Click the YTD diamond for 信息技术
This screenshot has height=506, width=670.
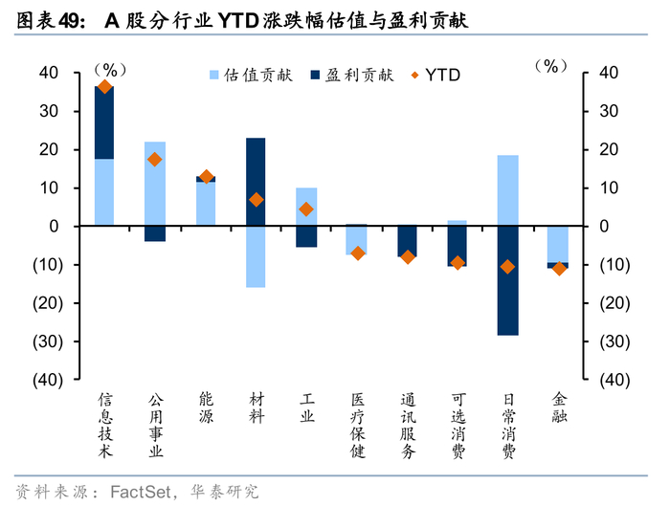point(104,88)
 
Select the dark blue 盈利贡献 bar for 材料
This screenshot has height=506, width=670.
point(256,182)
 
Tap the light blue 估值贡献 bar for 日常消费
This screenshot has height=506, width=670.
point(507,190)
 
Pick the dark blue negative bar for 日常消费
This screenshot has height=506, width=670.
point(507,280)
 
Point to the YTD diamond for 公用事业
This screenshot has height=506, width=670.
point(155,160)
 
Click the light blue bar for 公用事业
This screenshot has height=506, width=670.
point(155,184)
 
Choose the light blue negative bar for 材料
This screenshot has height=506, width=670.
point(256,256)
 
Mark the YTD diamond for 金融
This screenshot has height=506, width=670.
point(559,269)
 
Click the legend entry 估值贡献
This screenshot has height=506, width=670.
point(251,76)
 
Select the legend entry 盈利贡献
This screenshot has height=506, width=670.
point(351,76)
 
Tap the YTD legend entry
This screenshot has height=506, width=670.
point(435,76)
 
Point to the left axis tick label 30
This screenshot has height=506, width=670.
point(49,111)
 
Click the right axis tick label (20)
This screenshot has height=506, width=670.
point(614,303)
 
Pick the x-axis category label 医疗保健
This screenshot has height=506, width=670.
point(358,426)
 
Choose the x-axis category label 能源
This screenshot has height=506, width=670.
point(206,407)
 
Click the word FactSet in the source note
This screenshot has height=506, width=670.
point(141,492)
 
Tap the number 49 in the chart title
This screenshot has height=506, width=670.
point(68,21)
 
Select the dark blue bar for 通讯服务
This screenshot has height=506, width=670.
point(407,241)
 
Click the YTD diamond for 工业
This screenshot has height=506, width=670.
point(306,209)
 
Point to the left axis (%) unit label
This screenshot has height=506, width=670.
point(110,70)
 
